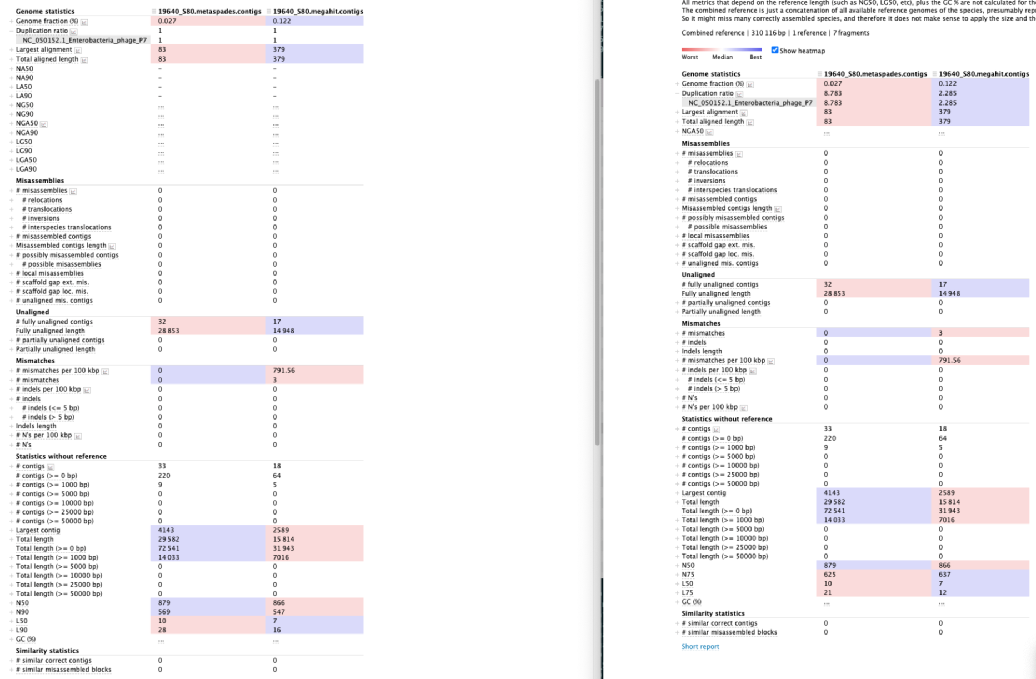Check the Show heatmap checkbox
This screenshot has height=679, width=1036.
click(x=775, y=51)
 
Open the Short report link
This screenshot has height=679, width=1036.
click(x=700, y=646)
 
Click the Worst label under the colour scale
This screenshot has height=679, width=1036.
click(x=689, y=57)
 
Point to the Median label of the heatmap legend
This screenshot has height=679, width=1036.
click(x=722, y=57)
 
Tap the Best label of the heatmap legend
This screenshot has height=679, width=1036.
click(x=755, y=57)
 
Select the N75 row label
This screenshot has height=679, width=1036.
click(x=688, y=575)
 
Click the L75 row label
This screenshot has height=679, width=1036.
click(x=687, y=593)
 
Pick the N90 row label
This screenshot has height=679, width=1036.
click(x=22, y=612)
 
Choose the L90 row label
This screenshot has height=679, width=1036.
click(x=22, y=630)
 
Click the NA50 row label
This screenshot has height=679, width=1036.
click(x=24, y=69)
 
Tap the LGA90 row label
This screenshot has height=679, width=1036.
click(x=26, y=169)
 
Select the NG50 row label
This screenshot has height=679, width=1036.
click(x=24, y=105)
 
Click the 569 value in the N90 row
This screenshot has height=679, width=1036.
click(x=164, y=612)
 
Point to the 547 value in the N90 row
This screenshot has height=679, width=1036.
click(x=279, y=612)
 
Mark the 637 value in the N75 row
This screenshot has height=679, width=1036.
click(x=944, y=575)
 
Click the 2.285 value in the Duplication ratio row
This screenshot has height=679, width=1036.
click(x=948, y=93)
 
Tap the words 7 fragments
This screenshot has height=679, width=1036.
click(x=851, y=33)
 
